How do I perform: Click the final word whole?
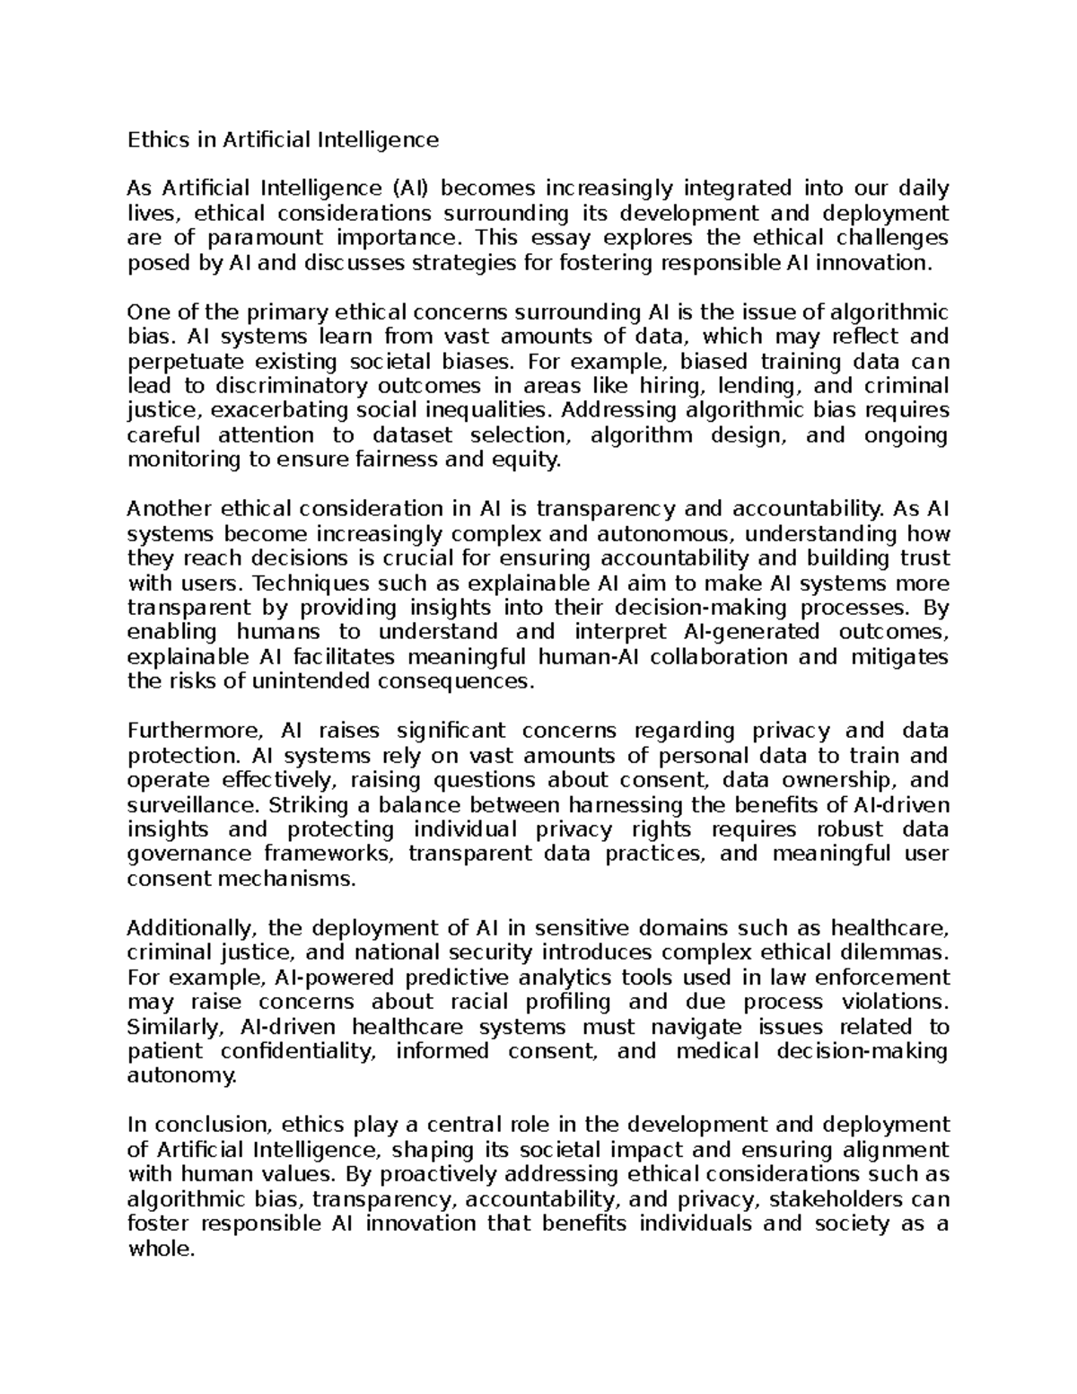click(161, 1249)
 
